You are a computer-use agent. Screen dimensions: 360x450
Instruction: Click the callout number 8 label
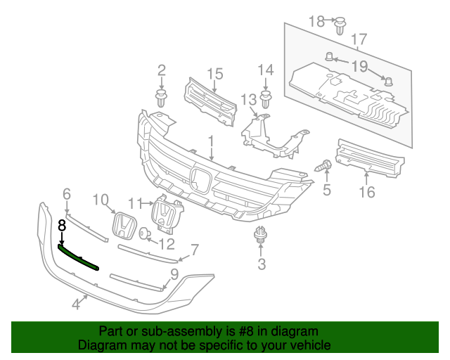tap(62, 226)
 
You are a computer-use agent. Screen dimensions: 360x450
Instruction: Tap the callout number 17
tap(359, 39)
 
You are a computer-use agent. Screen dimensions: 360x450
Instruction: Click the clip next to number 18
tap(341, 25)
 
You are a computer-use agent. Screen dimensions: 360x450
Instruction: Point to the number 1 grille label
tap(210, 142)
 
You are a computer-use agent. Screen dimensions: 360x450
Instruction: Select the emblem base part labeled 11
tap(167, 214)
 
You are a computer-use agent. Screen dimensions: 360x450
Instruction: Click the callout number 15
tap(214, 73)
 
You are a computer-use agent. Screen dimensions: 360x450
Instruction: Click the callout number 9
tap(174, 274)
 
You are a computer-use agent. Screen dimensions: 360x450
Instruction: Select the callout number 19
tap(359, 67)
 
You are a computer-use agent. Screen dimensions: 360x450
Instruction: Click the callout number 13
tap(248, 98)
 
